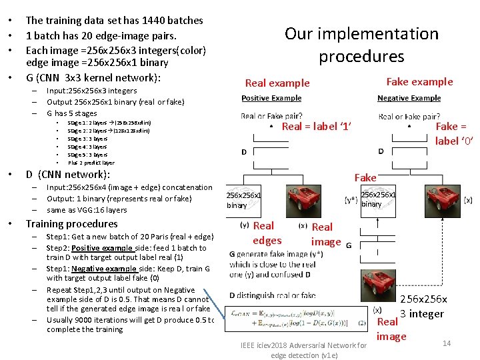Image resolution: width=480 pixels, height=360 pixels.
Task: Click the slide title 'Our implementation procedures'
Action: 361,45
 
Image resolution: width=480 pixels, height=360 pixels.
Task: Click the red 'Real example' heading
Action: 277,83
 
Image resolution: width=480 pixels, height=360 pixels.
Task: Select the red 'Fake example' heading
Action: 419,81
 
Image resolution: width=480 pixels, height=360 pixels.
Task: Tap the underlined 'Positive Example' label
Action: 271,99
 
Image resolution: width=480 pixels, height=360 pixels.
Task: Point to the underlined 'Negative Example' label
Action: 409,99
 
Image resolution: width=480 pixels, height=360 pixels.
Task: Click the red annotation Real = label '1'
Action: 317,127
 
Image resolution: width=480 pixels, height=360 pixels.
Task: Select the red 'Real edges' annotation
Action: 267,233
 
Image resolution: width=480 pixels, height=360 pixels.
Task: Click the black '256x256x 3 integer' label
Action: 423,307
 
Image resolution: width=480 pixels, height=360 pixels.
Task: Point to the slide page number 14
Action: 447,343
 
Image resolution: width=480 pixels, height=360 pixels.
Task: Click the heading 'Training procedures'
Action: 71,224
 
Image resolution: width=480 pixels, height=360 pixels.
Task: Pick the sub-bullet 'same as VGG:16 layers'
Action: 87,210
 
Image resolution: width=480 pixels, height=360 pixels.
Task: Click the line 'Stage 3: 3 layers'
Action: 87,139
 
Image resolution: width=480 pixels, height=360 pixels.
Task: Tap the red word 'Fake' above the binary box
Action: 365,177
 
